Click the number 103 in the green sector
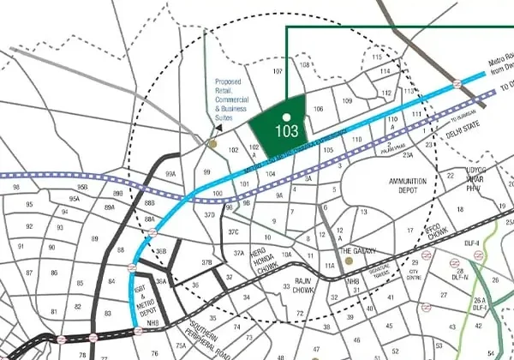coord(287,131)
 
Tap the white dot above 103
coord(287,116)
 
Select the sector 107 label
coord(278,70)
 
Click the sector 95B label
coord(82,187)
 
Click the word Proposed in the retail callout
coord(230,83)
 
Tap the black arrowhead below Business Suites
coord(218,127)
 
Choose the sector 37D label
coord(210,215)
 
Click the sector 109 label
coord(348,101)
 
